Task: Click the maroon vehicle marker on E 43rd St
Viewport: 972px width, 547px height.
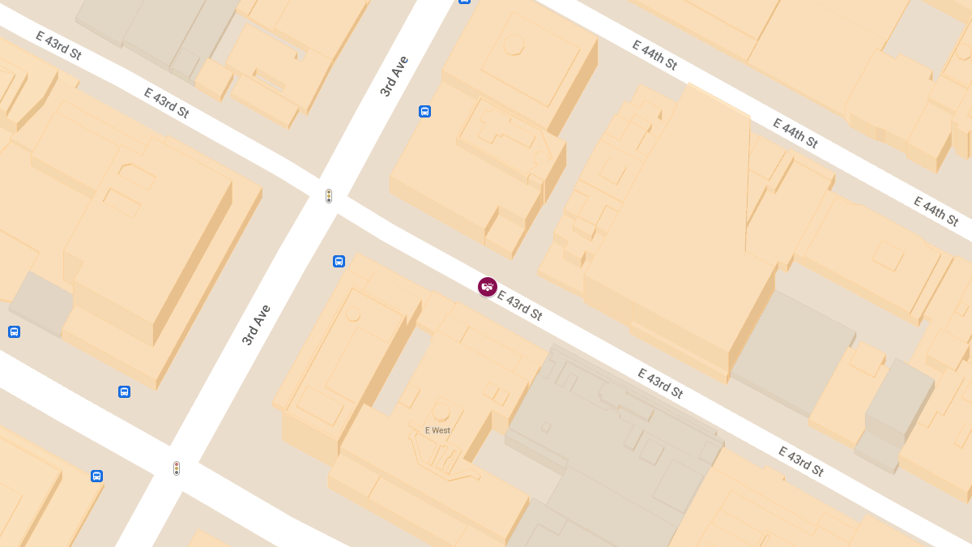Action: tap(487, 286)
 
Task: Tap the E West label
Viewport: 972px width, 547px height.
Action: tap(437, 430)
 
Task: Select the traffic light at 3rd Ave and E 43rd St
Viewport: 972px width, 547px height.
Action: tap(329, 196)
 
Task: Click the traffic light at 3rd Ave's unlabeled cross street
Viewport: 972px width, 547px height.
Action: tap(177, 468)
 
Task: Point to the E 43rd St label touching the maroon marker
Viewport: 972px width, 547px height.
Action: tap(520, 305)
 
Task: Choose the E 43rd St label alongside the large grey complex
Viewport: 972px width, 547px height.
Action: tap(660, 383)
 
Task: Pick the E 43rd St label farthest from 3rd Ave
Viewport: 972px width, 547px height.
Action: tap(800, 461)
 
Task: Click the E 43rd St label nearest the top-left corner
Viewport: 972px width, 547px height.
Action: tap(59, 45)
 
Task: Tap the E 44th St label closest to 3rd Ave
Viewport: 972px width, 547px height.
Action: tap(654, 55)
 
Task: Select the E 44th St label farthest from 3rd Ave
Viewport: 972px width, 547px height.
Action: tap(936, 211)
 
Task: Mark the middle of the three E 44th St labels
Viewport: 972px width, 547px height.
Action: tap(795, 134)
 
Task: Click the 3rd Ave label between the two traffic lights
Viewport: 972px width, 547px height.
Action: tap(256, 325)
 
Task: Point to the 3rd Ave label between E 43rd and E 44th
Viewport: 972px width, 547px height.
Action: tap(394, 76)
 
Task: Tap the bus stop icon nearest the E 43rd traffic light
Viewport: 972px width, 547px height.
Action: tap(339, 261)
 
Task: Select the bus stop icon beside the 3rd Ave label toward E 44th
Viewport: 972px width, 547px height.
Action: tap(424, 111)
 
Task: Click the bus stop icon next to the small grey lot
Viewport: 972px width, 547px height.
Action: tap(14, 331)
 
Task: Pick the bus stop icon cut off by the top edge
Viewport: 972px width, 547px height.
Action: tap(464, 2)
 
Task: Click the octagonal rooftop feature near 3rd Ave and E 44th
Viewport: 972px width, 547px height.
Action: tap(514, 45)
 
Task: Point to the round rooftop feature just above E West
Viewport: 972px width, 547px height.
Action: tap(441, 412)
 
